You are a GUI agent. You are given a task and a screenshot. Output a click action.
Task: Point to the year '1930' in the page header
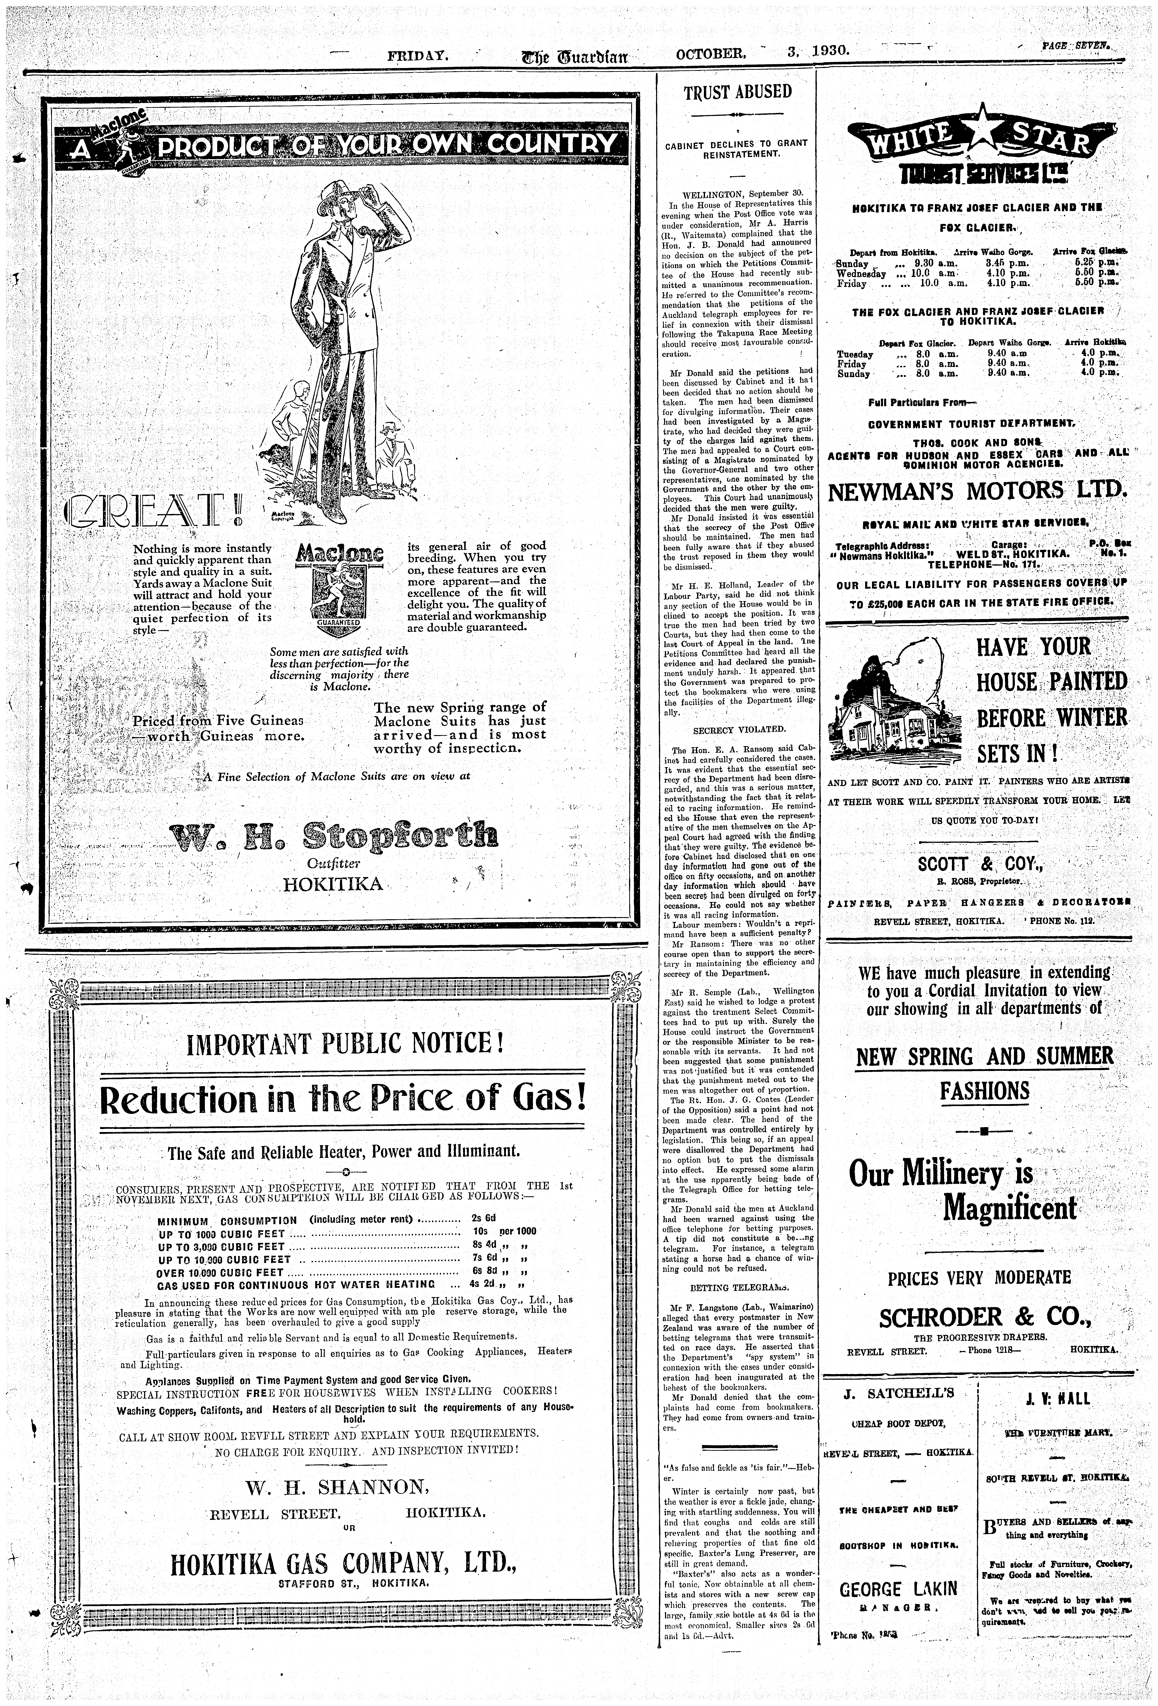click(x=831, y=51)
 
